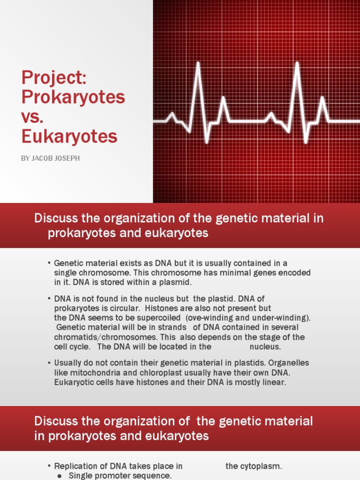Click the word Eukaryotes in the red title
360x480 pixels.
click(x=69, y=136)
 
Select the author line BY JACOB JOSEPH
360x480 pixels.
click(x=50, y=158)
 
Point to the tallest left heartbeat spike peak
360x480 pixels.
click(x=198, y=64)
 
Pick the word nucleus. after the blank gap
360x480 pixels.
click(x=265, y=347)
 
